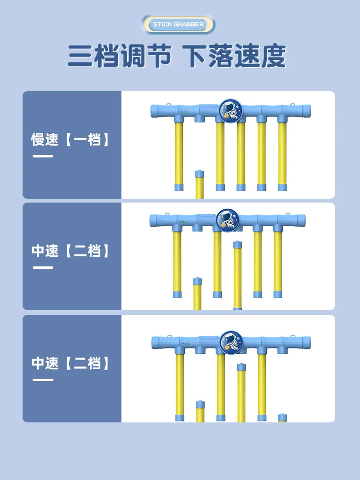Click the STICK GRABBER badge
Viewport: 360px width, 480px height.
[x=179, y=24]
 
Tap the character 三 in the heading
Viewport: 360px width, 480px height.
[x=80, y=56]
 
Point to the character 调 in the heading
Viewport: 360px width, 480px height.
[x=132, y=56]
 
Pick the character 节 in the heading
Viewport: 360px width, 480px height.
[x=158, y=56]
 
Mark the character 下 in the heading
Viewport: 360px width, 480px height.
[x=195, y=56]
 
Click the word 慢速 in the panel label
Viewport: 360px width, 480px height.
[x=45, y=140]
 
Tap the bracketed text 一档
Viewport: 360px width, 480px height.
[x=87, y=140]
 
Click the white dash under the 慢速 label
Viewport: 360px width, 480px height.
[x=43, y=156]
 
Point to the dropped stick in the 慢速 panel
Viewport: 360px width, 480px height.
[x=200, y=185]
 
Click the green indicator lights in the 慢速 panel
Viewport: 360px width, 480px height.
[x=185, y=113]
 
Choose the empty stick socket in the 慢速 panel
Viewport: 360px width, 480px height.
[x=199, y=118]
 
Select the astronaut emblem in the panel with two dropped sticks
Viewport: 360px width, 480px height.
[x=228, y=221]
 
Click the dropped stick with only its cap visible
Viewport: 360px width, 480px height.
[x=282, y=418]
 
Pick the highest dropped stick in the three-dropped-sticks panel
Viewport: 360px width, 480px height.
[x=241, y=393]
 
